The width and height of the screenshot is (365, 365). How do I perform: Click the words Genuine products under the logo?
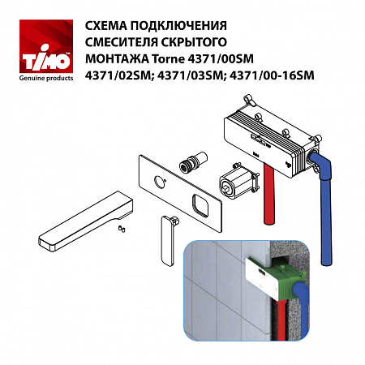click(37, 80)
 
